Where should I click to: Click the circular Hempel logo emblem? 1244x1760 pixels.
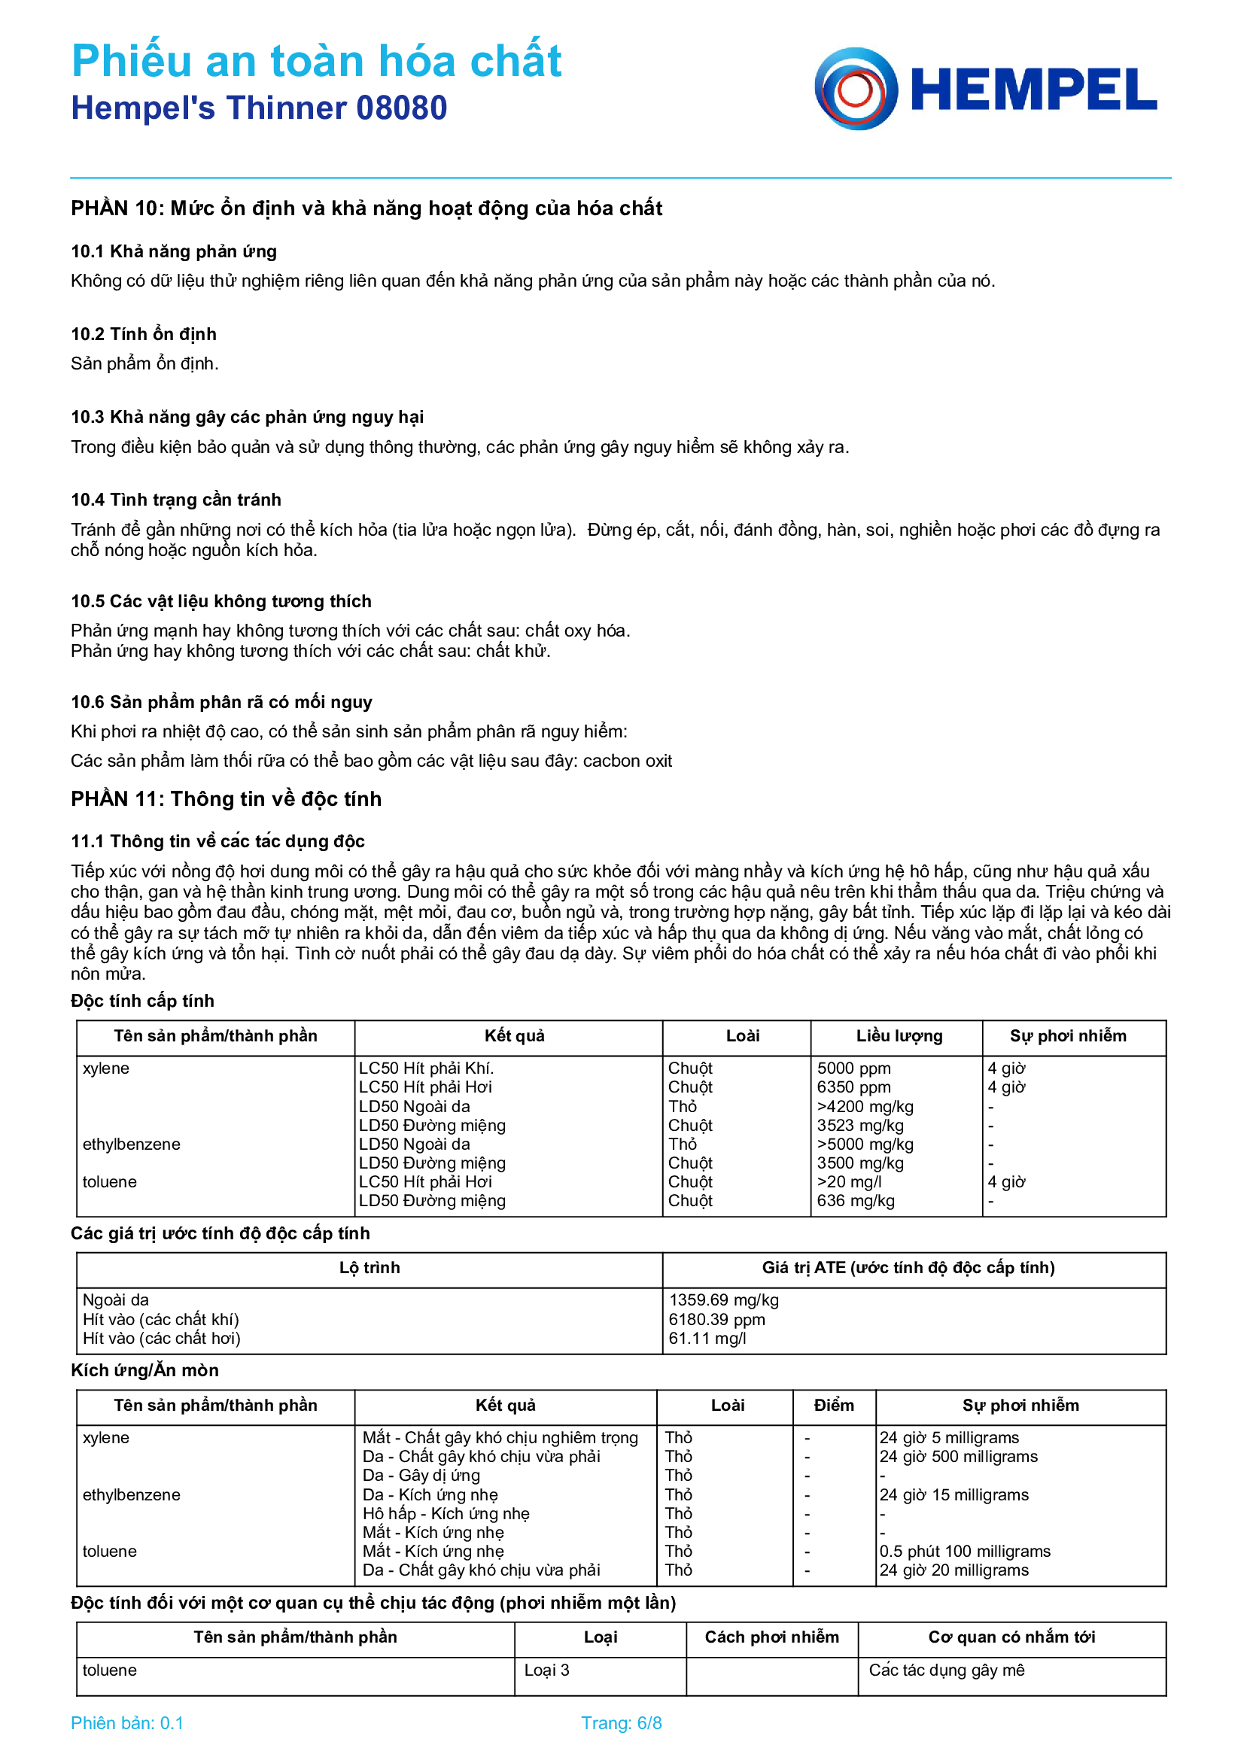click(x=856, y=89)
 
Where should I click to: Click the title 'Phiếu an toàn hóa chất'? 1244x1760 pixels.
click(x=316, y=60)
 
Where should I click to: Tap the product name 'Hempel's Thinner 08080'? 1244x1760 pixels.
click(x=259, y=108)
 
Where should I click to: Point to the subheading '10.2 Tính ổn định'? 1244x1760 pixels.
click(x=143, y=334)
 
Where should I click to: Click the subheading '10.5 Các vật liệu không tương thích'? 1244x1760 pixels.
click(x=221, y=601)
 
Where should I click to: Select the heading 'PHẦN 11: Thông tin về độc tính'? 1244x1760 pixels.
click(x=226, y=799)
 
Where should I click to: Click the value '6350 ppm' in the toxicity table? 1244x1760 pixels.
click(x=853, y=1087)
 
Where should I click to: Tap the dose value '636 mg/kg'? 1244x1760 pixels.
click(x=856, y=1200)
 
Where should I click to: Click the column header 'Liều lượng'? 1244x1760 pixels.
click(x=899, y=1035)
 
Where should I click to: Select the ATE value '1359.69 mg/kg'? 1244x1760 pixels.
click(x=723, y=1299)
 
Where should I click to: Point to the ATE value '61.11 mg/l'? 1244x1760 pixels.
click(x=707, y=1338)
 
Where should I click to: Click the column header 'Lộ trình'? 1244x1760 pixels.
click(x=370, y=1267)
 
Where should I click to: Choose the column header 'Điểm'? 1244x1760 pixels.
click(x=833, y=1405)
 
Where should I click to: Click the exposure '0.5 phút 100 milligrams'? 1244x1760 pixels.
click(x=964, y=1551)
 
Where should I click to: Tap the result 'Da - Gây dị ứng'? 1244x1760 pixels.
click(x=421, y=1475)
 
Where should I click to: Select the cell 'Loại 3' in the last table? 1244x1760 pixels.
click(x=546, y=1670)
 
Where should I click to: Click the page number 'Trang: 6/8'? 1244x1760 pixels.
click(x=621, y=1722)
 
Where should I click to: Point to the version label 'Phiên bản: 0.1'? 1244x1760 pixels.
click(x=127, y=1722)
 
